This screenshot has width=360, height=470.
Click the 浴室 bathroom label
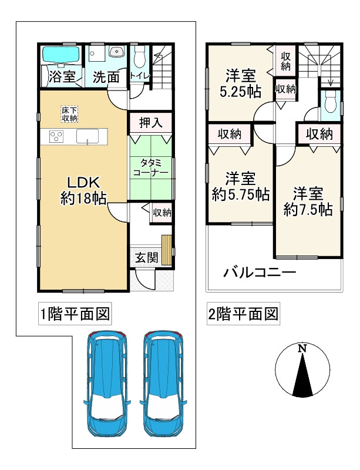pos(62,76)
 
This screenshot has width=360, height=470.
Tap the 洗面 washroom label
pos(106,76)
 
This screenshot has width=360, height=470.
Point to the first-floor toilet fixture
pos(139,58)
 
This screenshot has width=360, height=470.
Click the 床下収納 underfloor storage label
pos(69,114)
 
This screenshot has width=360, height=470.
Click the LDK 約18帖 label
pos(83,189)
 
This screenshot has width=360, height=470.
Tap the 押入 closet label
pos(150,123)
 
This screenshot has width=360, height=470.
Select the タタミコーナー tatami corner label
pos(150,167)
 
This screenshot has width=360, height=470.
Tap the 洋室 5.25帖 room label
pos(241,83)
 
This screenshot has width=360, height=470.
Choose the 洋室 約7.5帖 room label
pos(308,200)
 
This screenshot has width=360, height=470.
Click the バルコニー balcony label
pos(259,273)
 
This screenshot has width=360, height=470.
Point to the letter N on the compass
pos(302,349)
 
